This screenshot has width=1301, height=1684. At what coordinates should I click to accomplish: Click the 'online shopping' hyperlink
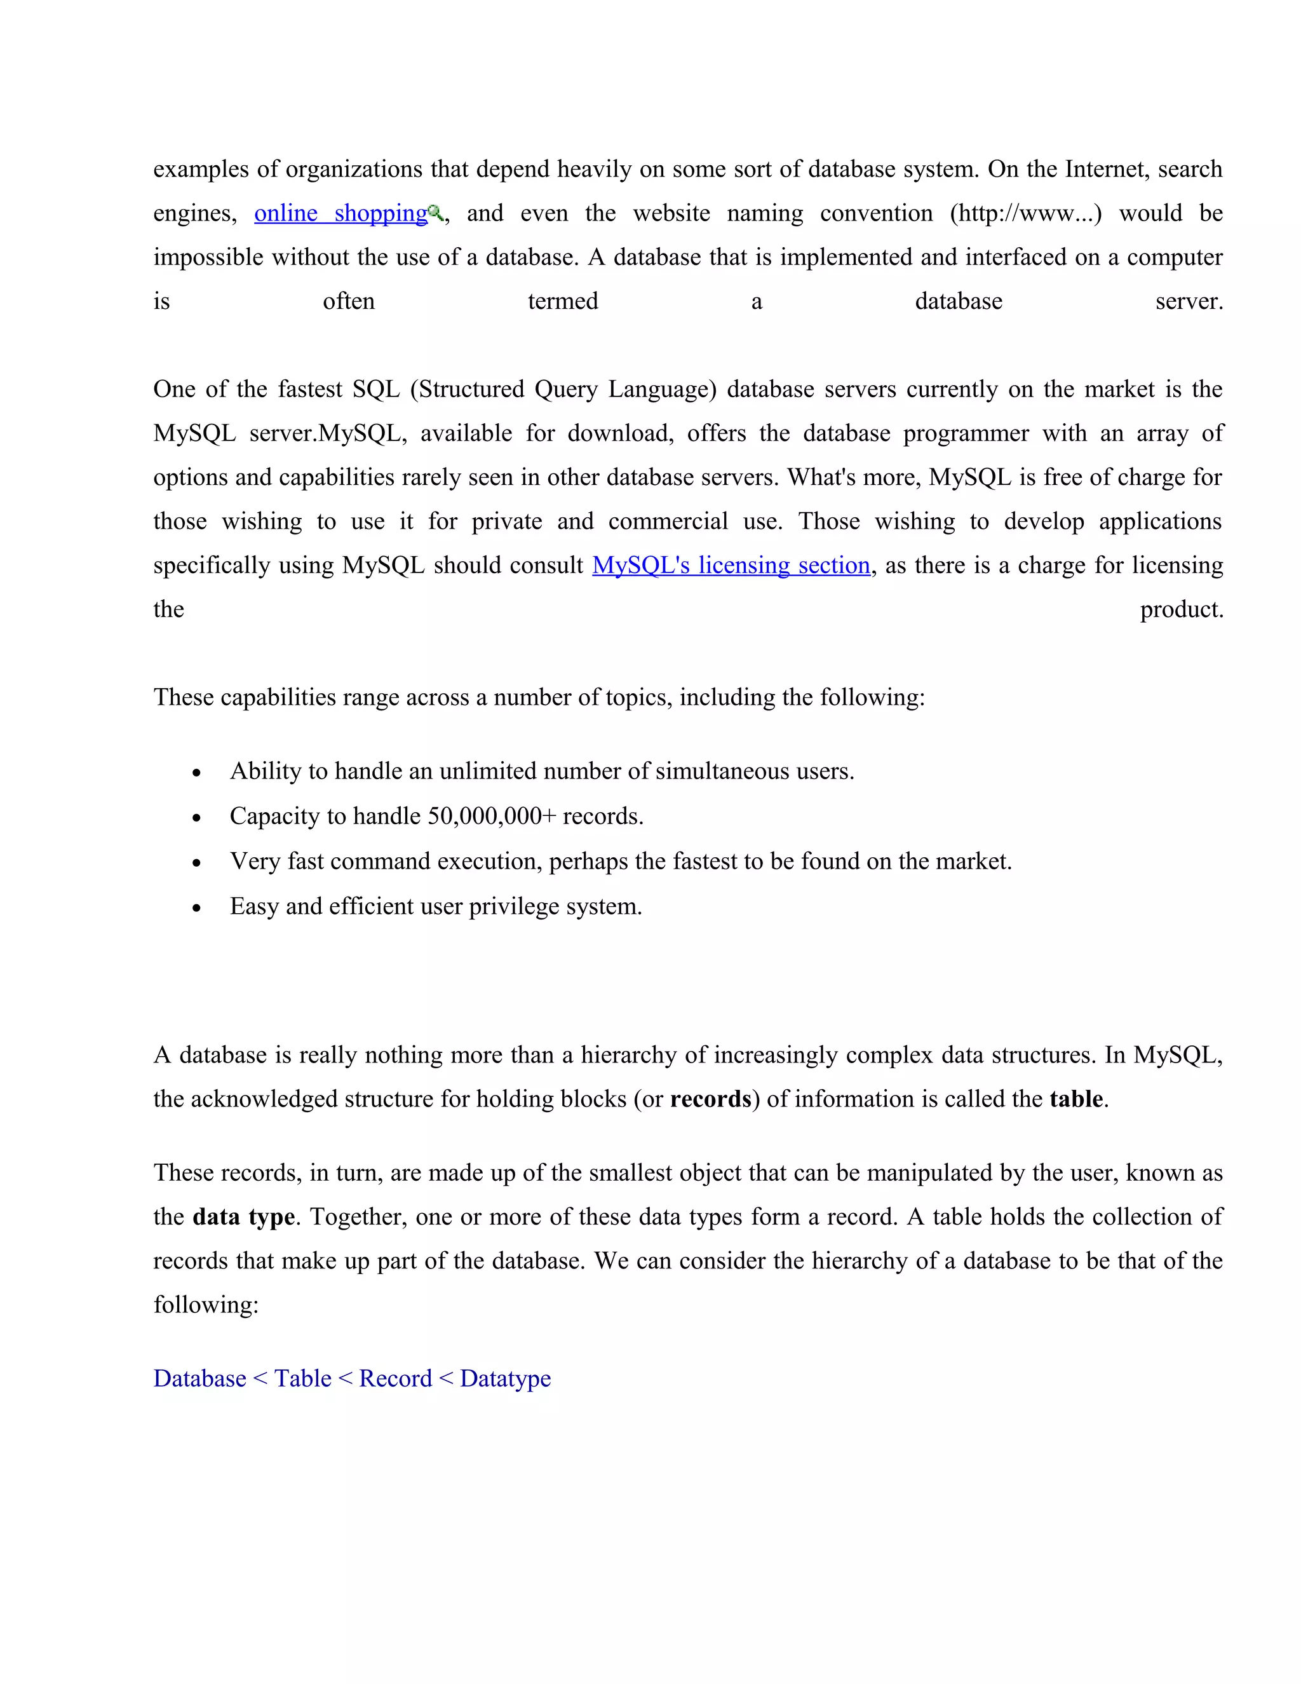pos(340,214)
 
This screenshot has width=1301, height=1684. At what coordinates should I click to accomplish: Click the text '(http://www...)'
pos(1025,214)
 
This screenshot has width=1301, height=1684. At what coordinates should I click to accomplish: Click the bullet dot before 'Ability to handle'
pos(198,773)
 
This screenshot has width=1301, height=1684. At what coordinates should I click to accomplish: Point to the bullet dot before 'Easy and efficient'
pos(198,907)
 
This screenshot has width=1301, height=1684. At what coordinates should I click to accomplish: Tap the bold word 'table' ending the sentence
pos(1076,1099)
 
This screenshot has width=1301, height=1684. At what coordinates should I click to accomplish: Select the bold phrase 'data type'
pos(243,1217)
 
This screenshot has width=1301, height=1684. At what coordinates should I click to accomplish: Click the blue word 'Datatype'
pos(506,1379)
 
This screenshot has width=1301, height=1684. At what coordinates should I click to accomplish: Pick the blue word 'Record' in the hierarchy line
pos(395,1379)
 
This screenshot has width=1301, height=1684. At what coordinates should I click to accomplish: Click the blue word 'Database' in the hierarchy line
pos(199,1379)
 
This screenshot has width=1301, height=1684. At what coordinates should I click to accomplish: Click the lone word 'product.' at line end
pos(1181,609)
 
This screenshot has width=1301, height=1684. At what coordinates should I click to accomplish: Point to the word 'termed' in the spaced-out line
pos(563,301)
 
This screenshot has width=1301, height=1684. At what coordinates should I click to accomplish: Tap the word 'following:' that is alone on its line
pos(206,1305)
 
